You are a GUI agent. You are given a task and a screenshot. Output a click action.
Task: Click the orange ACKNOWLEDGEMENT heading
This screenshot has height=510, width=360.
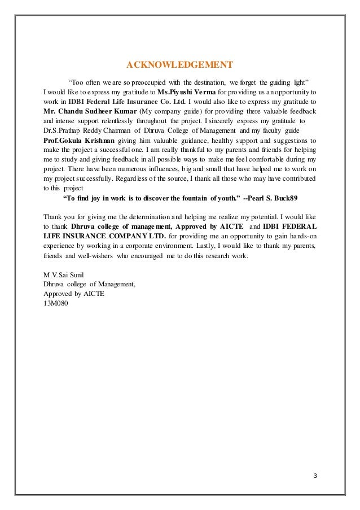click(x=179, y=63)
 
